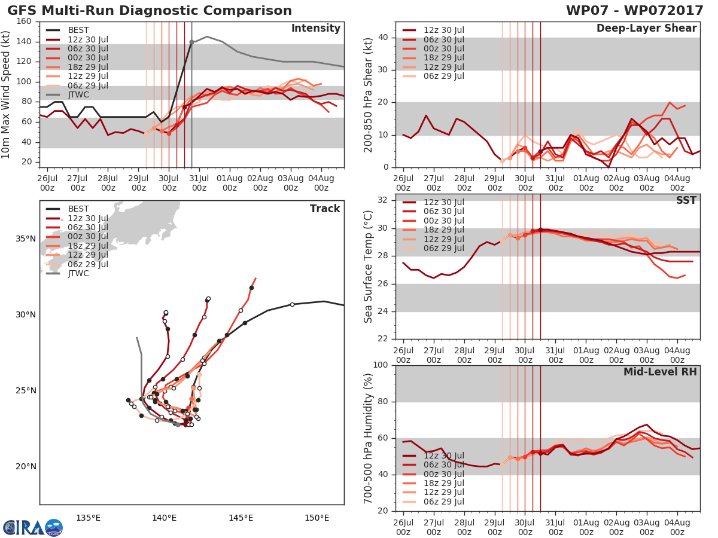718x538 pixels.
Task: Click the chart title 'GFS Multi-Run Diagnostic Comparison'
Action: (x=150, y=10)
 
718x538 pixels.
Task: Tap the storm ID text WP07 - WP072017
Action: (x=634, y=10)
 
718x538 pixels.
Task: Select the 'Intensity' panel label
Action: (x=316, y=29)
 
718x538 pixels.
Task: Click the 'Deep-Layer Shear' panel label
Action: (x=646, y=29)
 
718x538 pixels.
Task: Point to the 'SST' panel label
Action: (x=686, y=200)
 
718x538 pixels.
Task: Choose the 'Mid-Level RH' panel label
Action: (x=660, y=372)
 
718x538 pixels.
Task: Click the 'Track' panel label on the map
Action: (x=325, y=209)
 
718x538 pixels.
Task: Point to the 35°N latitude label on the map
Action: (x=26, y=239)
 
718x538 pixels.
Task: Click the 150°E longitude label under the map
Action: (x=317, y=518)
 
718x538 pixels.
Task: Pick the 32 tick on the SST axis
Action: (x=383, y=200)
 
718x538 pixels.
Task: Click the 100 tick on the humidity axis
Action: (x=381, y=365)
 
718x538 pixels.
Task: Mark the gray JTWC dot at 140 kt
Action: (x=191, y=42)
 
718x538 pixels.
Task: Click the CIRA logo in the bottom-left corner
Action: (x=33, y=527)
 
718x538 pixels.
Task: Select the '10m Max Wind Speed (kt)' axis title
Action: (x=5, y=94)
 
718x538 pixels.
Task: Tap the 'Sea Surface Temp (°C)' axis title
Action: (x=368, y=267)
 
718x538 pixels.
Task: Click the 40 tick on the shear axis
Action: (x=383, y=37)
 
